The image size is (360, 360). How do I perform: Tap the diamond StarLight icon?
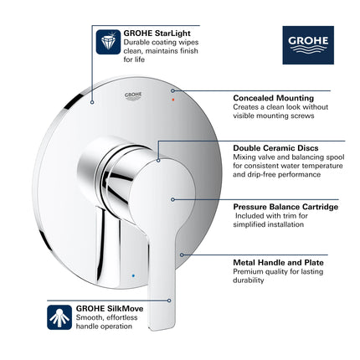[108, 41]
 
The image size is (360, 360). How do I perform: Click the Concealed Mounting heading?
[273, 98]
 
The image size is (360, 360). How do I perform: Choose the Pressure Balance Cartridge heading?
[285, 206]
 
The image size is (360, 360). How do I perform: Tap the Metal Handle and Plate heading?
[279, 262]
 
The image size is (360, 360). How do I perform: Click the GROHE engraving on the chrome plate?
[134, 95]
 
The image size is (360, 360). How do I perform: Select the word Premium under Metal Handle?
[249, 271]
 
